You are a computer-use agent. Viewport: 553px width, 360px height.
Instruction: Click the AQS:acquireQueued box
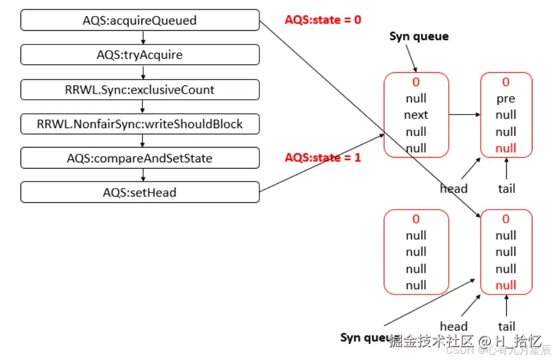click(x=140, y=21)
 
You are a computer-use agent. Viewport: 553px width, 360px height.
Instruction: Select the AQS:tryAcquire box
click(x=140, y=55)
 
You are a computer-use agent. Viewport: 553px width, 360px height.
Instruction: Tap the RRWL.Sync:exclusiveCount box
click(x=140, y=89)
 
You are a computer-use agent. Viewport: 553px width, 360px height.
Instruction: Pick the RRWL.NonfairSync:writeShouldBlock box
click(x=140, y=124)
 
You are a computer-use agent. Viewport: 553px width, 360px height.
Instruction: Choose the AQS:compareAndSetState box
click(x=140, y=158)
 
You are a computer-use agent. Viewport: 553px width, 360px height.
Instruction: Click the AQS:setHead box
click(x=140, y=193)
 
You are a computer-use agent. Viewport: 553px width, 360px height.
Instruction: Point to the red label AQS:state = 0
click(x=323, y=20)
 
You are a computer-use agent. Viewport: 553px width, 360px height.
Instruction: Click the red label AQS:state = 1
click(x=323, y=157)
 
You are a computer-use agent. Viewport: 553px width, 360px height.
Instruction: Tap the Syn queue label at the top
click(x=419, y=36)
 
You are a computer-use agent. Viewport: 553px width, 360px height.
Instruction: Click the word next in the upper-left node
click(x=416, y=115)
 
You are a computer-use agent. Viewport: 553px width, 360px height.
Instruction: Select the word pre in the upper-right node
click(x=506, y=99)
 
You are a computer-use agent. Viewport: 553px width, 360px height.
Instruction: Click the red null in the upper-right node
click(x=506, y=149)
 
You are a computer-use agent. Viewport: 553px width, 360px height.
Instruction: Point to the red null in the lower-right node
click(x=506, y=285)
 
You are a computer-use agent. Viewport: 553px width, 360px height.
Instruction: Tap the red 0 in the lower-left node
click(x=416, y=219)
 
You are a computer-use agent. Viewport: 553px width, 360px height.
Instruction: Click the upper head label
click(x=454, y=189)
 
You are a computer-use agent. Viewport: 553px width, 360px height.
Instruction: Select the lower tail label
click(x=506, y=326)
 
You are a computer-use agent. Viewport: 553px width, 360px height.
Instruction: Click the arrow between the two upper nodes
click(x=464, y=115)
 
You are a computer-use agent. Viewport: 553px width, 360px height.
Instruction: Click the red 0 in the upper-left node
click(x=416, y=82)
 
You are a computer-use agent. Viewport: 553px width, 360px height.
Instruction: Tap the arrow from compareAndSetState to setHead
click(x=143, y=175)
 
